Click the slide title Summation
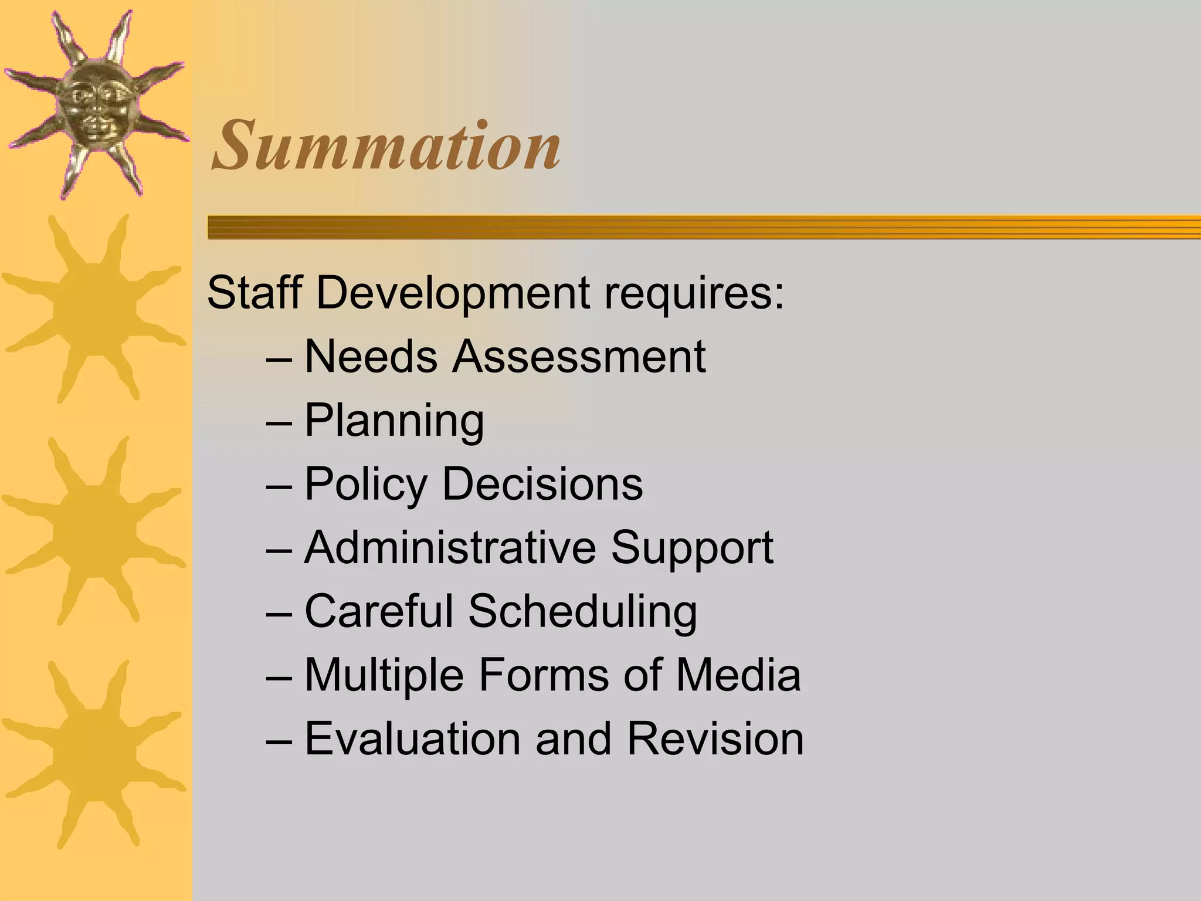point(386,145)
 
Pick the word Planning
point(394,421)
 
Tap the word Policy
point(366,485)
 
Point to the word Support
point(692,548)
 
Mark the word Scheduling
point(583,612)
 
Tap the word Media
point(738,675)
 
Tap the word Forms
point(544,675)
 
